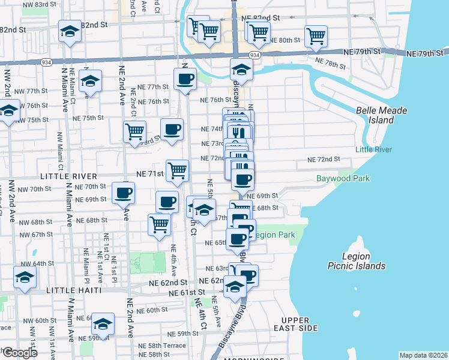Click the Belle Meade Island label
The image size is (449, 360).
pyautogui.click(x=382, y=115)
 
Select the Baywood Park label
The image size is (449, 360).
pyautogui.click(x=343, y=178)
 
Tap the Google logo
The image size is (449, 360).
pyautogui.click(x=19, y=353)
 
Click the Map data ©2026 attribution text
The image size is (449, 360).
pyautogui.click(x=424, y=355)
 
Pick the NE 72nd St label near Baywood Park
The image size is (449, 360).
pyautogui.click(x=324, y=160)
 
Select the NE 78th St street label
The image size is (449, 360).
pyautogui.click(x=335, y=61)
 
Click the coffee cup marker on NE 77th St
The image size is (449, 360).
pyautogui.click(x=185, y=79)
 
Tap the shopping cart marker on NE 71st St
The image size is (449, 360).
pyautogui.click(x=177, y=170)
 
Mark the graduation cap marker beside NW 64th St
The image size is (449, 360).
pyautogui.click(x=25, y=277)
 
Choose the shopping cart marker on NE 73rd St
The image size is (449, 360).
pyautogui.click(x=134, y=131)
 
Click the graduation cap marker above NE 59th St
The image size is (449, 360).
pyautogui.click(x=103, y=325)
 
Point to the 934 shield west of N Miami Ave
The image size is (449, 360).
pyautogui.click(x=46, y=62)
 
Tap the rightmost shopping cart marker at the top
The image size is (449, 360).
pyautogui.click(x=316, y=36)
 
